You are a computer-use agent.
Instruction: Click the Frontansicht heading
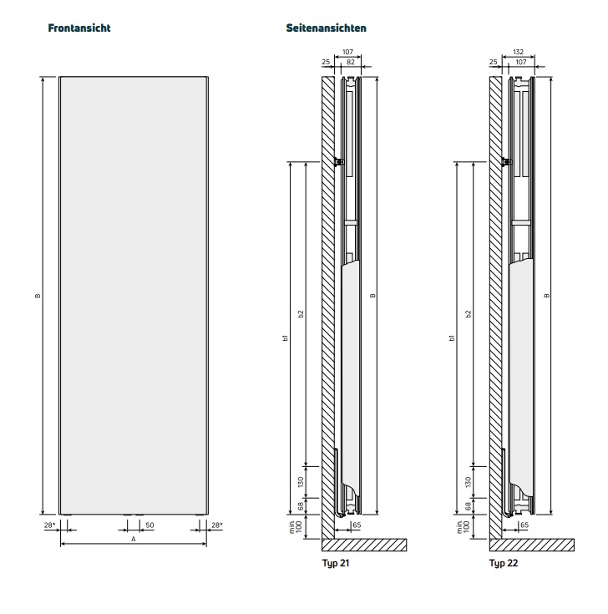point(79,28)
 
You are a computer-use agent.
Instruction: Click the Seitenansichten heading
point(326,28)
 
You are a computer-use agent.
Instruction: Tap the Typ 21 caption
point(336,563)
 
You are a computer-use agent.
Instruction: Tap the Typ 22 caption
point(504,563)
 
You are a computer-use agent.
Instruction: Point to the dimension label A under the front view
point(133,539)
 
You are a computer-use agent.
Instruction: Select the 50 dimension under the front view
point(149,525)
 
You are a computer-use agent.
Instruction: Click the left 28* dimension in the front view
point(50,525)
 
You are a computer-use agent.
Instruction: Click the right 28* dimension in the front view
point(217,525)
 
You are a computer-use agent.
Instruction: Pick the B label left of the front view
point(38,296)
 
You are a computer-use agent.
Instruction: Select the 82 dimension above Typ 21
point(351,62)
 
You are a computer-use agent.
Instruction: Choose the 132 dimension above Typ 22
point(518,52)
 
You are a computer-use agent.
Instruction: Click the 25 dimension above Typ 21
point(326,62)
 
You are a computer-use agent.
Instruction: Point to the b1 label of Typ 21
point(286,337)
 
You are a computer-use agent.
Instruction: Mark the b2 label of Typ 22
point(469,313)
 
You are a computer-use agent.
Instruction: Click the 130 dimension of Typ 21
point(301,482)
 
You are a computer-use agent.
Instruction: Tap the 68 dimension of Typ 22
point(469,506)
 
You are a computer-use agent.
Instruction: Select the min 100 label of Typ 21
point(296,526)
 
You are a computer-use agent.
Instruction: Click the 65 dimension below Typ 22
point(524,525)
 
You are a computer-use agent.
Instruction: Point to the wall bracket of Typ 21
point(339,162)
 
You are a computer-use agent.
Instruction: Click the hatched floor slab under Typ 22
point(532,545)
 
